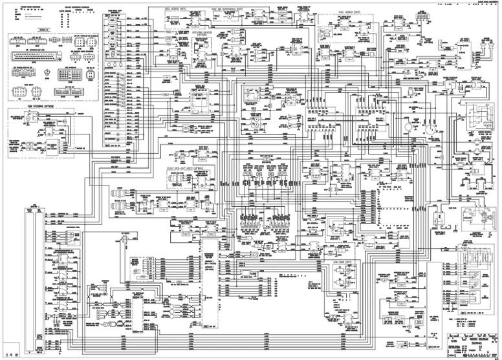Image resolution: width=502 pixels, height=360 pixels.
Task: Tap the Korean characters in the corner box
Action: pos(8,353)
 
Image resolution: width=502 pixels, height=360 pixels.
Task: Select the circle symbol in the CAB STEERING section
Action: pos(28,119)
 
